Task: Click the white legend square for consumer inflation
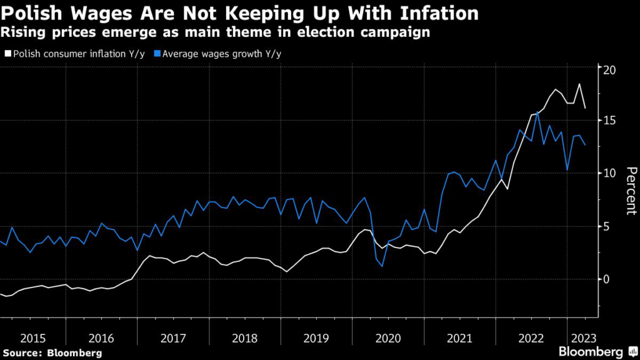(x=7, y=54)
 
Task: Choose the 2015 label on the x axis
(x=32, y=339)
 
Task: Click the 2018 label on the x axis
(x=246, y=339)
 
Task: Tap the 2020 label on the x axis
(x=387, y=339)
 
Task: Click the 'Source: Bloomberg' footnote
(x=51, y=353)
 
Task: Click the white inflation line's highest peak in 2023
(x=579, y=84)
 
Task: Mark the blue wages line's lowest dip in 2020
(x=382, y=266)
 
